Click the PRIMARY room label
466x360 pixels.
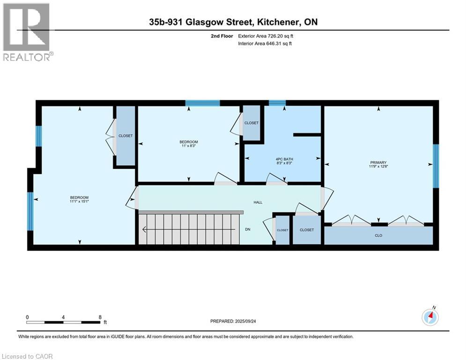tap(378, 163)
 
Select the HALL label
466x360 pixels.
tap(258, 202)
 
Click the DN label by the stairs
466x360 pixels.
tap(248, 230)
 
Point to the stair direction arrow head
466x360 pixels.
tap(144, 230)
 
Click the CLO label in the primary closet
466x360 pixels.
tap(378, 235)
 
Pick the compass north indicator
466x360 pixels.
tap(429, 317)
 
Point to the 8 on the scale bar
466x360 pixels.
tap(100, 317)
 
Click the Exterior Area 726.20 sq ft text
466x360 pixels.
tap(266, 36)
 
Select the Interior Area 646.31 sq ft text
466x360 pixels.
tap(265, 44)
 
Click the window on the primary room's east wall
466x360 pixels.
tap(436, 165)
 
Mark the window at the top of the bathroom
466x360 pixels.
tap(277, 103)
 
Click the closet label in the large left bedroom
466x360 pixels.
tap(125, 135)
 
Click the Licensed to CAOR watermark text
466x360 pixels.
tap(28, 356)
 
